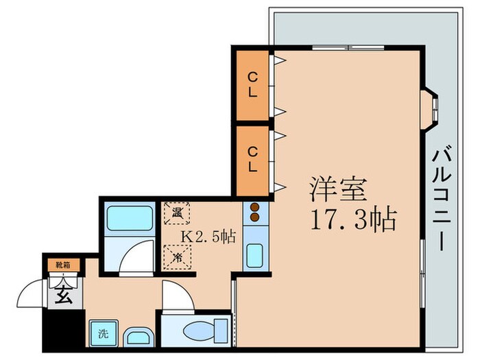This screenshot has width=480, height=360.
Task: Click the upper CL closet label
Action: (x=253, y=86)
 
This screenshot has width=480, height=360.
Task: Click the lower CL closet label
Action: (x=253, y=158)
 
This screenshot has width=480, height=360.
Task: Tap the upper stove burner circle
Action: (x=254, y=206)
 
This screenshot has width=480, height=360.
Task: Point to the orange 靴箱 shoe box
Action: (x=62, y=263)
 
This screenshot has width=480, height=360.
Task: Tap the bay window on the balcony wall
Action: (x=430, y=108)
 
